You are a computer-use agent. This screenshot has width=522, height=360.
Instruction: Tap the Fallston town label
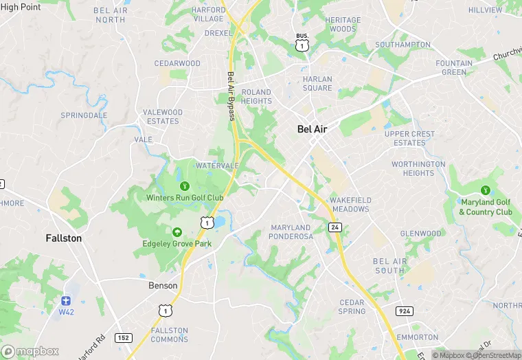point(63,238)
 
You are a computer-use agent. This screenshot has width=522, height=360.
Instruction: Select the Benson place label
point(163,285)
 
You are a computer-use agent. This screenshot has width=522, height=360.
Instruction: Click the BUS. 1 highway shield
point(302,43)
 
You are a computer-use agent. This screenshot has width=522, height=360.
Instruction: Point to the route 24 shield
point(334,226)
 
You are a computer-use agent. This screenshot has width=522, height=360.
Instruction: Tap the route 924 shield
point(403,311)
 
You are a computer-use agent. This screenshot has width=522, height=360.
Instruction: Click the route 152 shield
point(124,337)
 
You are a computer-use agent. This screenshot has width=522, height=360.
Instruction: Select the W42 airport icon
point(66,301)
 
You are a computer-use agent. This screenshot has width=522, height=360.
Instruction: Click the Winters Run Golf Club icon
point(184,186)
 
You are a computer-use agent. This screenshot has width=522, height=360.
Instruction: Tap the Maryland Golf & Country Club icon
point(486,190)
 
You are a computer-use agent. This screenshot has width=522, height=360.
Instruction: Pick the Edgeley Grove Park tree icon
point(177,232)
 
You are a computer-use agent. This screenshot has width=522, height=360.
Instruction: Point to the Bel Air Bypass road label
point(231,96)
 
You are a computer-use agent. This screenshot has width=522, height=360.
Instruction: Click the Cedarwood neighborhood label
point(177,63)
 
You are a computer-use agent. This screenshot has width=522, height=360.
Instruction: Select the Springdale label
point(84,115)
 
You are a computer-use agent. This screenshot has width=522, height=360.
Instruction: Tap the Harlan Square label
point(317,83)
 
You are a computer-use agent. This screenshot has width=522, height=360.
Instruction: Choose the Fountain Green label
point(454,68)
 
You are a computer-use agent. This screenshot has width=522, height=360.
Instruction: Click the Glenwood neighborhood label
point(421,234)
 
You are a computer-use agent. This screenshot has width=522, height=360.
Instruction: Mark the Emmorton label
point(417,337)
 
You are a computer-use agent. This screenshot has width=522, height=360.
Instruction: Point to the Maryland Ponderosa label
point(292,232)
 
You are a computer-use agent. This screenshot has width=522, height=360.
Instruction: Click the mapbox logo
point(31,350)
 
